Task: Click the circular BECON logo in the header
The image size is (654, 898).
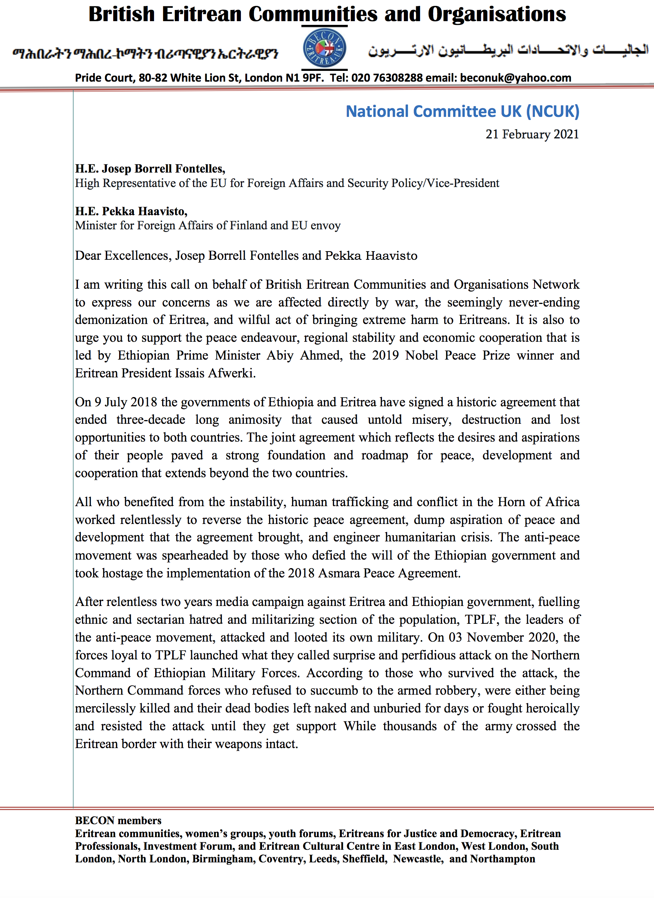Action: click(x=324, y=48)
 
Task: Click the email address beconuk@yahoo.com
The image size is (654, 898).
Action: click(x=515, y=78)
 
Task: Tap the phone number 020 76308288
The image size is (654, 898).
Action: click(x=387, y=78)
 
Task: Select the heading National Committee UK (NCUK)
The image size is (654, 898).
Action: click(x=462, y=112)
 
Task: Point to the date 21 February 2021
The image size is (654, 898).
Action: click(x=532, y=135)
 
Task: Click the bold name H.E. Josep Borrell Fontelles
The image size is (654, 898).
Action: click(x=150, y=169)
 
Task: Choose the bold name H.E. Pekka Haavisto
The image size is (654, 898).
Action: click(x=131, y=212)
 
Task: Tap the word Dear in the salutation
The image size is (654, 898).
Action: click(x=88, y=256)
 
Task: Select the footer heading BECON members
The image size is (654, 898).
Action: click(x=118, y=820)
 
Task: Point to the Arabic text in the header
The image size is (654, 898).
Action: click(x=508, y=50)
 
